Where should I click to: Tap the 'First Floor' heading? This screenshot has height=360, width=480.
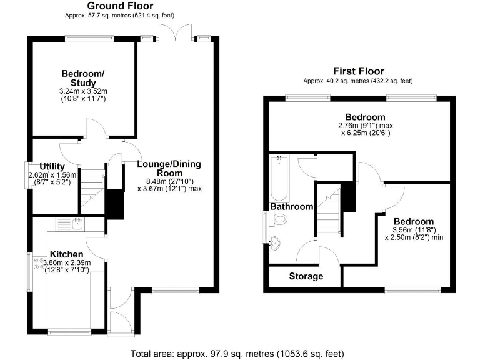click(358, 71)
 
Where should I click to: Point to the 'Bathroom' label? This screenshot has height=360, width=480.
click(291, 207)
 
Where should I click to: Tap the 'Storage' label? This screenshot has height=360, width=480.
click(306, 276)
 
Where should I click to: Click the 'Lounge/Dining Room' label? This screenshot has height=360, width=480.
click(169, 169)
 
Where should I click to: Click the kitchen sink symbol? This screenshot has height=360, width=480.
click(77, 223)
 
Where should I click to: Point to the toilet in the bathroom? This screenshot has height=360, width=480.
click(279, 220)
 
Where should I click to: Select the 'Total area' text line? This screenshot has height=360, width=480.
click(239, 353)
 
